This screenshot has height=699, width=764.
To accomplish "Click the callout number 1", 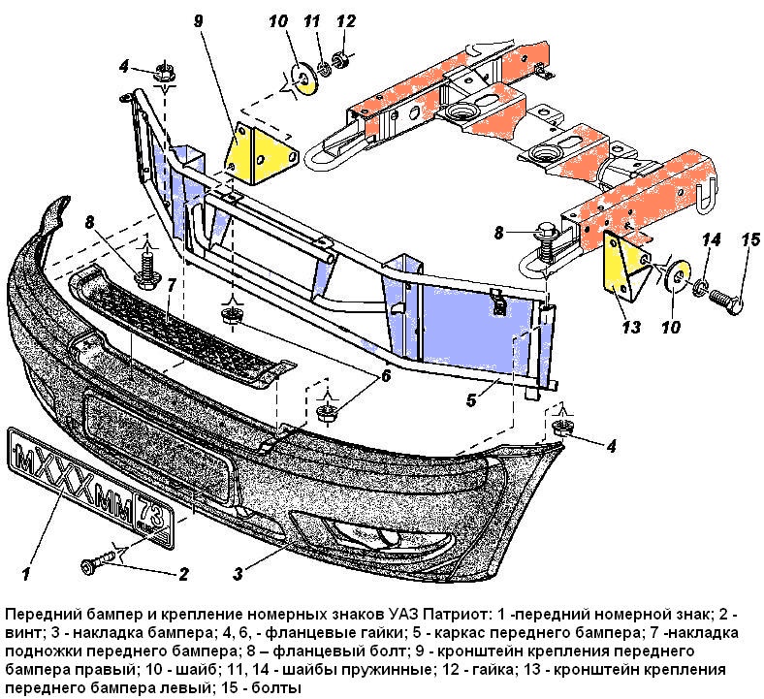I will (27, 559).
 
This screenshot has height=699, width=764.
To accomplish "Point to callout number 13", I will (631, 328).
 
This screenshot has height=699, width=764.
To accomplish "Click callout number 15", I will (750, 239).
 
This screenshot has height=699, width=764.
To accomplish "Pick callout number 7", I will (171, 286).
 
